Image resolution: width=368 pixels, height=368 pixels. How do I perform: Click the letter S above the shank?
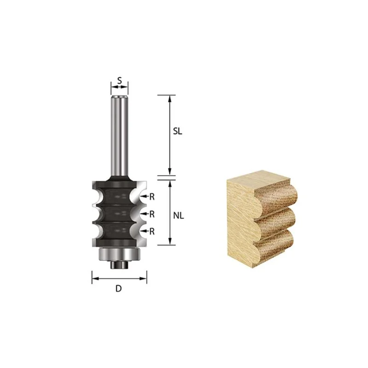pos(120,80)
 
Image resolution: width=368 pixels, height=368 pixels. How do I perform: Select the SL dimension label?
pos(178,132)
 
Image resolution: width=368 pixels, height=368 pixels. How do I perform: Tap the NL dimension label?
pos(178,215)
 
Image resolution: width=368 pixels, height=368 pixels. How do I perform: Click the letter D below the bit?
pos(119,288)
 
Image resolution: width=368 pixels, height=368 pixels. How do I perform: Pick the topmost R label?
pos(152,197)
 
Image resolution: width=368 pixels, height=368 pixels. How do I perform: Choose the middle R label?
pos(152,214)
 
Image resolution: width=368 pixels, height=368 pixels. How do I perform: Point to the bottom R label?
pos(152,232)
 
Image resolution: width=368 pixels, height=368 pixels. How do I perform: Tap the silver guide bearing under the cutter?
pos(120,254)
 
